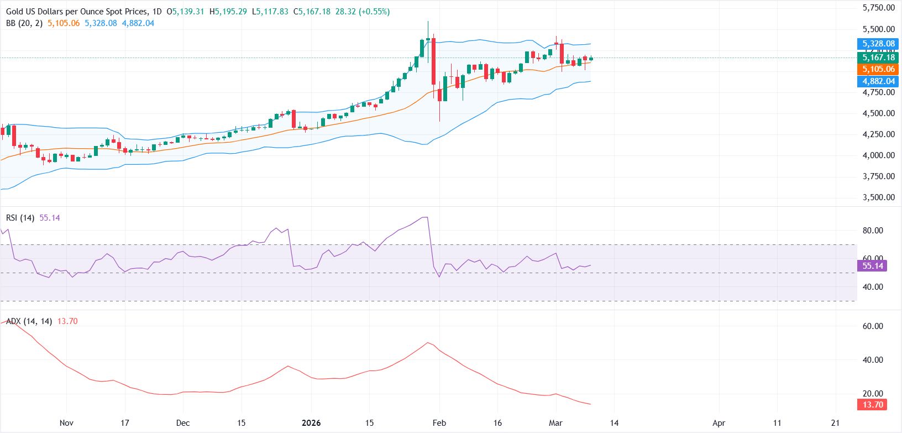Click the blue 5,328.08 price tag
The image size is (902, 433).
(x=878, y=44)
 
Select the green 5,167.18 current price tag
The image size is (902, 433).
(x=878, y=58)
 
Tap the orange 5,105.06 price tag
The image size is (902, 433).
(x=878, y=69)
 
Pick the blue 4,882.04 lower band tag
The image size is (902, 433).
(x=878, y=81)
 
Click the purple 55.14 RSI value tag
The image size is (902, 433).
(x=873, y=266)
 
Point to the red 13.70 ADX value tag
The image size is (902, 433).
(x=873, y=405)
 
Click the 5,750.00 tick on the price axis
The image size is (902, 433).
(x=878, y=8)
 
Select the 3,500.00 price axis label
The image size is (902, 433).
(x=878, y=197)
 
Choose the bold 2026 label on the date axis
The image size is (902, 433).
(x=311, y=423)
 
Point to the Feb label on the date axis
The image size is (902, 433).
(x=439, y=423)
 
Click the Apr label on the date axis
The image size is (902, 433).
(x=719, y=423)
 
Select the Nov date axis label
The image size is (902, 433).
(x=66, y=423)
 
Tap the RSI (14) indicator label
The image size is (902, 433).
(x=20, y=218)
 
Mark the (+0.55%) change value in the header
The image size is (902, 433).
(x=374, y=12)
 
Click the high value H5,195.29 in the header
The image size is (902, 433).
(x=228, y=12)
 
